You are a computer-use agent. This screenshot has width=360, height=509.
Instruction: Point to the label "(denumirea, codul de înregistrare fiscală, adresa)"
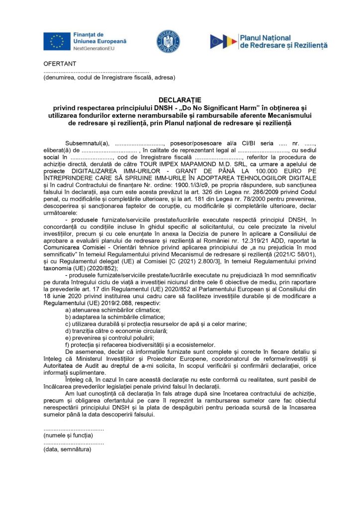[109, 78]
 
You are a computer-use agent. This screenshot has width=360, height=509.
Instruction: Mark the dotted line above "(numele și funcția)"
[74, 428]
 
